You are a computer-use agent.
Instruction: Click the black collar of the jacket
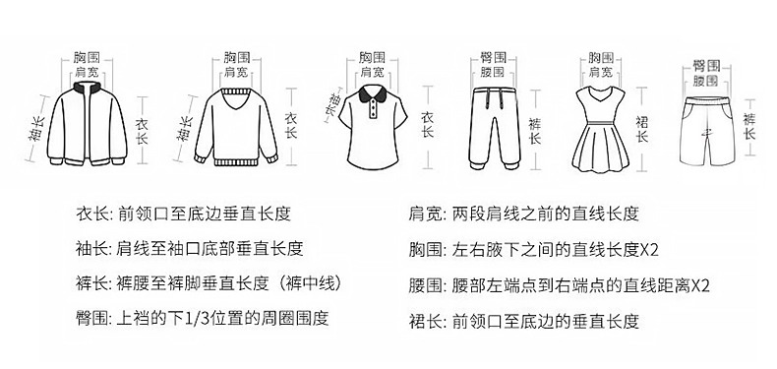88,88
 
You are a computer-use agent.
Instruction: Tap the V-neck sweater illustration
236,126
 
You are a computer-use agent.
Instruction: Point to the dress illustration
601,129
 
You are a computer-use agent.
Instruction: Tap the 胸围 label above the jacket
87,57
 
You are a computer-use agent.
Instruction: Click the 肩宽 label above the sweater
236,73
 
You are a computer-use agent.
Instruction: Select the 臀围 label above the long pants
493,57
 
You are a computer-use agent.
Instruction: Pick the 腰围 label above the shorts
705,81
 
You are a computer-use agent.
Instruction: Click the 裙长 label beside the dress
642,129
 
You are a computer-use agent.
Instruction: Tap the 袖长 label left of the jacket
36,129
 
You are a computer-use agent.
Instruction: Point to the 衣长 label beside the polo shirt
427,124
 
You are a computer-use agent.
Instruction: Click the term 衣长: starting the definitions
96,214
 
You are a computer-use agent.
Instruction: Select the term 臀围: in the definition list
95,318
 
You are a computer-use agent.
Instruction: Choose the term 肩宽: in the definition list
429,214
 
